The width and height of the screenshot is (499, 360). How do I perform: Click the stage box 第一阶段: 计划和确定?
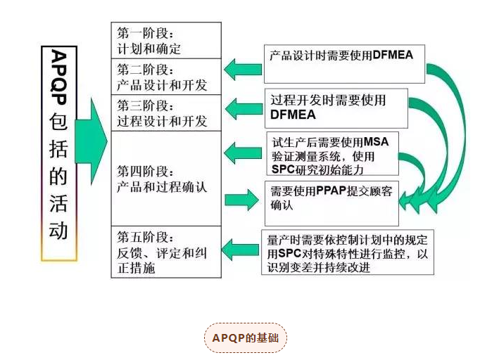(166, 41)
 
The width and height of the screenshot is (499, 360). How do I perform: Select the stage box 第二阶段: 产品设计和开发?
(166, 77)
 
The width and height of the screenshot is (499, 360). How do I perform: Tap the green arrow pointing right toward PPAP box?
(243, 199)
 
